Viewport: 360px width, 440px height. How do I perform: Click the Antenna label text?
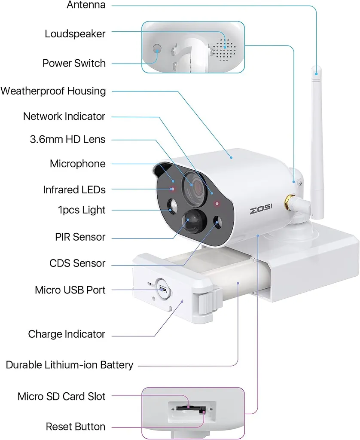point(86,5)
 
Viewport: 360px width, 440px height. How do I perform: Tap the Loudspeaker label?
point(75,34)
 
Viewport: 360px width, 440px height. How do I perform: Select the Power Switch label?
point(74,63)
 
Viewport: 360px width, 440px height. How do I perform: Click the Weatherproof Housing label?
point(53,91)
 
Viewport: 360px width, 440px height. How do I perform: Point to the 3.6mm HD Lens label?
point(67,139)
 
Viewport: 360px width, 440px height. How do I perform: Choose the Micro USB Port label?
point(70,290)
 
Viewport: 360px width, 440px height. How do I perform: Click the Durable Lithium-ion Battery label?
point(70,365)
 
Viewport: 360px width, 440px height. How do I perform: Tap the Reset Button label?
point(75,427)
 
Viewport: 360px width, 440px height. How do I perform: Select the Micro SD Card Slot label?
point(61,396)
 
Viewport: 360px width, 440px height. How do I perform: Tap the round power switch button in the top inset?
point(157,51)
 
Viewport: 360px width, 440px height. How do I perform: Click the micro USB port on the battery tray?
point(163,288)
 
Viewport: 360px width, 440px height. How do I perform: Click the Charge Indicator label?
point(67,334)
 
